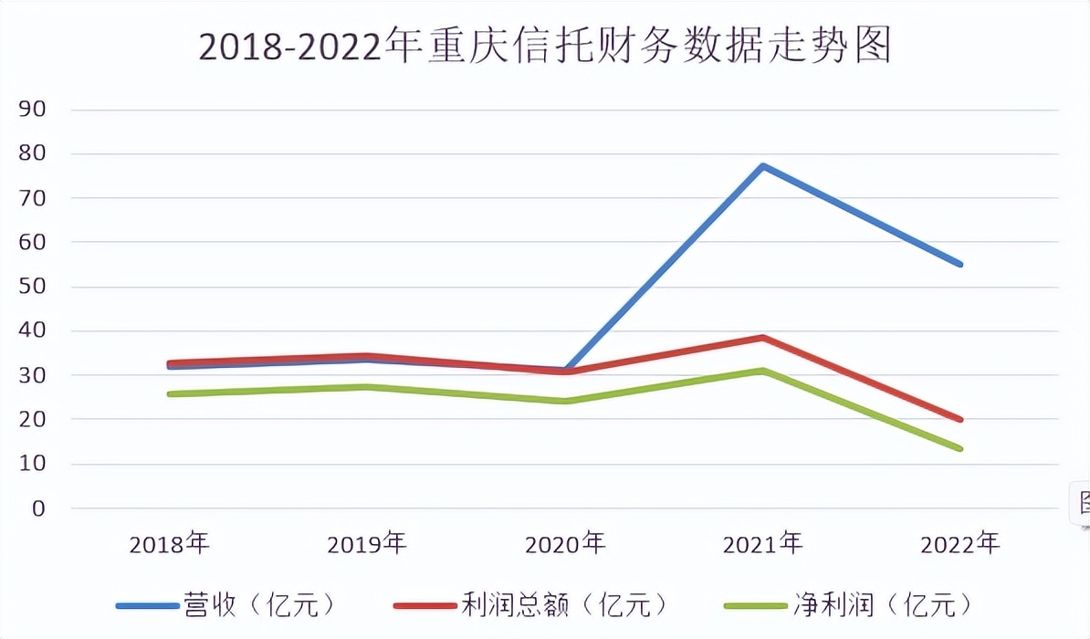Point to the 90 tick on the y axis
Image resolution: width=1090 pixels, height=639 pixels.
[32, 110]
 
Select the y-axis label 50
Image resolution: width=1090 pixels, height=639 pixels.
[32, 287]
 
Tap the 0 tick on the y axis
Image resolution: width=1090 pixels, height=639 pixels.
[37, 508]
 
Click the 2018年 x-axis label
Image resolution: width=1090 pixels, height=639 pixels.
[170, 545]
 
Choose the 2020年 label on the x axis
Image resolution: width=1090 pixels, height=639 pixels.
[565, 545]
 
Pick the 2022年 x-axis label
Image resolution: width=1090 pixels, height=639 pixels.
[960, 545]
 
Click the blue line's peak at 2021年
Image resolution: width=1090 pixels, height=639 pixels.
[762, 166]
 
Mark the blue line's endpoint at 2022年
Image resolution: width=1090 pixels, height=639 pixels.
[960, 264]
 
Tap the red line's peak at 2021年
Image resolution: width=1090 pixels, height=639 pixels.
[762, 338]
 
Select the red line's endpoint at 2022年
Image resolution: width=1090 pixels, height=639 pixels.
[960, 420]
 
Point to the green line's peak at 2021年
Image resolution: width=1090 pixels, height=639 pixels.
[762, 371]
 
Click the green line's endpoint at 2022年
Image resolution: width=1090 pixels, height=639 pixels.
[960, 448]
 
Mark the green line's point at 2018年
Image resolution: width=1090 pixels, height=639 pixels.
[170, 393]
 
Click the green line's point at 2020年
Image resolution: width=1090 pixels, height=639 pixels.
[565, 401]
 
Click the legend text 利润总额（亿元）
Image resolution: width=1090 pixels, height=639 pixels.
[565, 604]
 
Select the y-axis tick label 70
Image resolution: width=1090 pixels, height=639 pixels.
[32, 198]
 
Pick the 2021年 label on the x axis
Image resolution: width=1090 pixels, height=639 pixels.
[763, 545]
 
